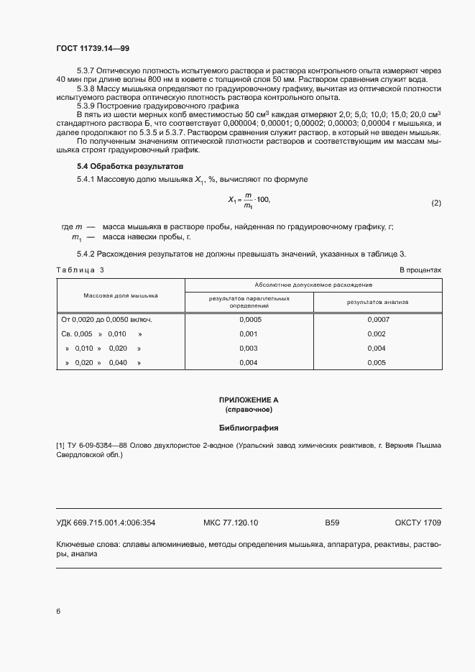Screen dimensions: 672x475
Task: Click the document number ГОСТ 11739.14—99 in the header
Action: pyautogui.click(x=93, y=48)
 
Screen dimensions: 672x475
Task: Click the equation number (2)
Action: pyautogui.click(x=435, y=203)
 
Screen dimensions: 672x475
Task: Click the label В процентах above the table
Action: pyautogui.click(x=420, y=270)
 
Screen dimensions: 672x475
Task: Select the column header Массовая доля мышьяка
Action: pyautogui.click(x=120, y=295)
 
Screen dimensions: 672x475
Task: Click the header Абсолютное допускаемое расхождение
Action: pyautogui.click(x=313, y=285)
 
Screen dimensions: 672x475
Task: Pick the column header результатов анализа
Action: pyautogui.click(x=377, y=302)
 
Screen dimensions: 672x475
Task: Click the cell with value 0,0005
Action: pyautogui.click(x=249, y=319)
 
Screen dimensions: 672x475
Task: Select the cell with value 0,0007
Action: pyautogui.click(x=377, y=319)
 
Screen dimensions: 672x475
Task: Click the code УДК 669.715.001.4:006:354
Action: pyautogui.click(x=106, y=523)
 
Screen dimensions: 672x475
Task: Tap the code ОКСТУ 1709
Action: pyautogui.click(x=418, y=523)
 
